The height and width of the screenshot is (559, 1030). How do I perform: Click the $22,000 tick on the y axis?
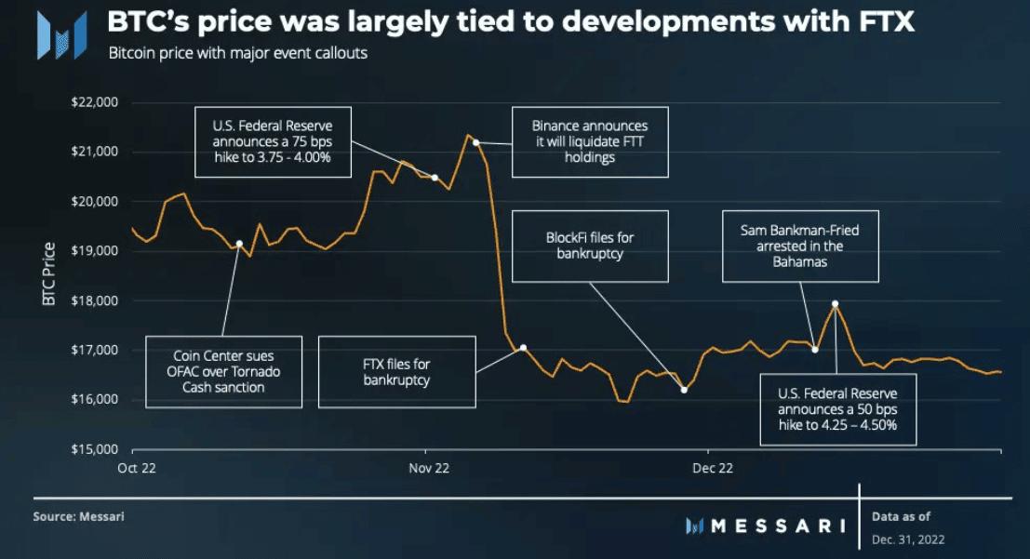(x=94, y=102)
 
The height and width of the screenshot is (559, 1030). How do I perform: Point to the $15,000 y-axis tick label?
(x=94, y=449)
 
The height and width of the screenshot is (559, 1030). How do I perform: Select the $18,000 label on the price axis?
(x=94, y=300)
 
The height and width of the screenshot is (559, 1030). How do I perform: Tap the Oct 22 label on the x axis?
(x=136, y=469)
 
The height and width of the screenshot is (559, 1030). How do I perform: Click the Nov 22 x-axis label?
(x=429, y=469)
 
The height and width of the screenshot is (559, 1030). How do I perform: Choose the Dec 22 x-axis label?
(x=713, y=469)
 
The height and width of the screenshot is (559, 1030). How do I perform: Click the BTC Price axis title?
(x=49, y=275)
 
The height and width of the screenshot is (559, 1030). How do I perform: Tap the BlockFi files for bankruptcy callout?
(x=590, y=245)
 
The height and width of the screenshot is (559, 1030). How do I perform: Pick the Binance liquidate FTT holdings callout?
(x=590, y=141)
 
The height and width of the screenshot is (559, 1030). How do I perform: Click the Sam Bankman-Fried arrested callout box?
(x=800, y=246)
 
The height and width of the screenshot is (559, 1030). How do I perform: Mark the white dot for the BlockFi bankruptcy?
(x=684, y=390)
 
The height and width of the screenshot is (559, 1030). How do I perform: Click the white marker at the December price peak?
(x=835, y=303)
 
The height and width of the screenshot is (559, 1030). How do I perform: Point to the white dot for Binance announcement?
(x=475, y=142)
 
